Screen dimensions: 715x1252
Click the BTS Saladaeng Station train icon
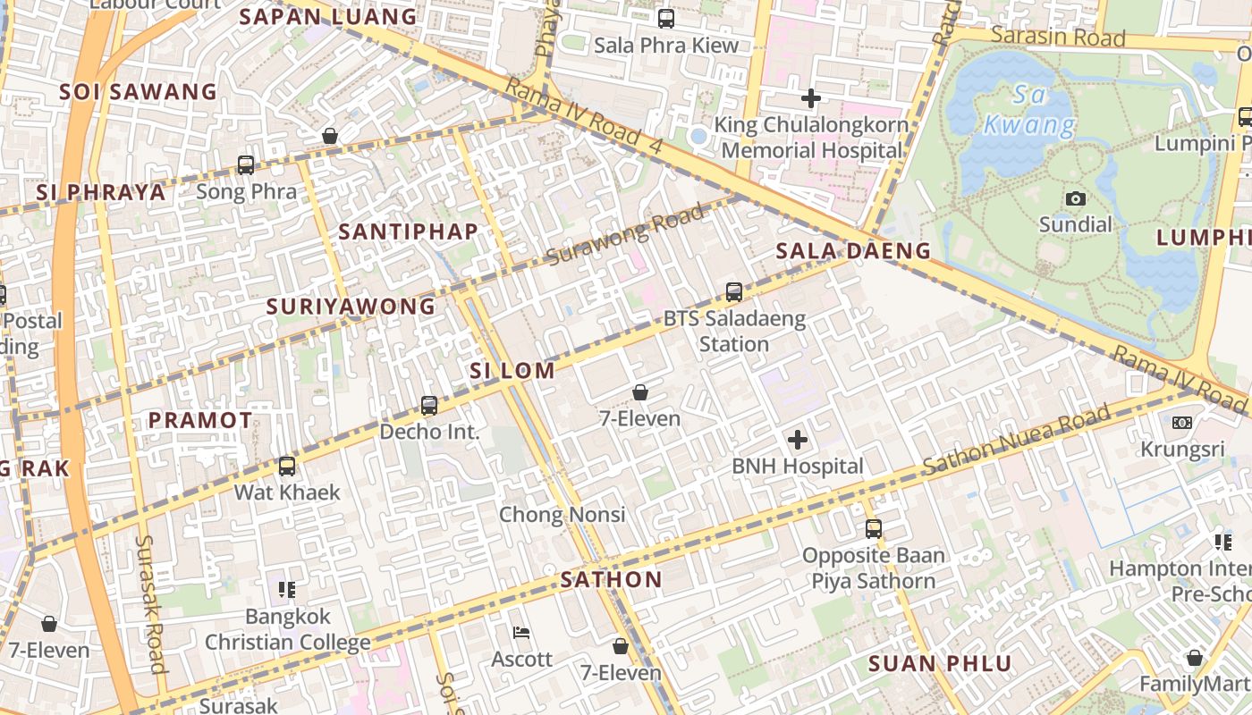point(733,291)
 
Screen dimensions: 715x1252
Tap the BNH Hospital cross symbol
point(797,440)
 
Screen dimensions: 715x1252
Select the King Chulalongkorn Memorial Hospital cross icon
point(811,97)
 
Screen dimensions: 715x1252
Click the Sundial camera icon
point(1076,198)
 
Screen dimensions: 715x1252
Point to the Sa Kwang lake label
point(1028,109)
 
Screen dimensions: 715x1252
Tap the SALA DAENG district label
point(853,251)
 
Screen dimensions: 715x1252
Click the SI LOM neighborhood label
point(512,371)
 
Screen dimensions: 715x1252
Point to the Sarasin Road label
point(1058,38)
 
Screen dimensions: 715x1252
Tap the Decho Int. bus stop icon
point(429,406)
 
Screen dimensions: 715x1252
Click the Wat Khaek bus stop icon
point(286,467)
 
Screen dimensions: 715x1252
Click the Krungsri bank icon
point(1182,423)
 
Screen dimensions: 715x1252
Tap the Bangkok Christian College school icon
point(287,590)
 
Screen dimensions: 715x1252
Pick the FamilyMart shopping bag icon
point(1194,659)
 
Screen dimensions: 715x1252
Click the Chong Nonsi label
point(562,515)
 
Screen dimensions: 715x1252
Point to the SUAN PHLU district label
point(940,664)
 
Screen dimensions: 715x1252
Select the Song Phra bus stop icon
point(246,165)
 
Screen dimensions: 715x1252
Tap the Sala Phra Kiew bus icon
point(666,19)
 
